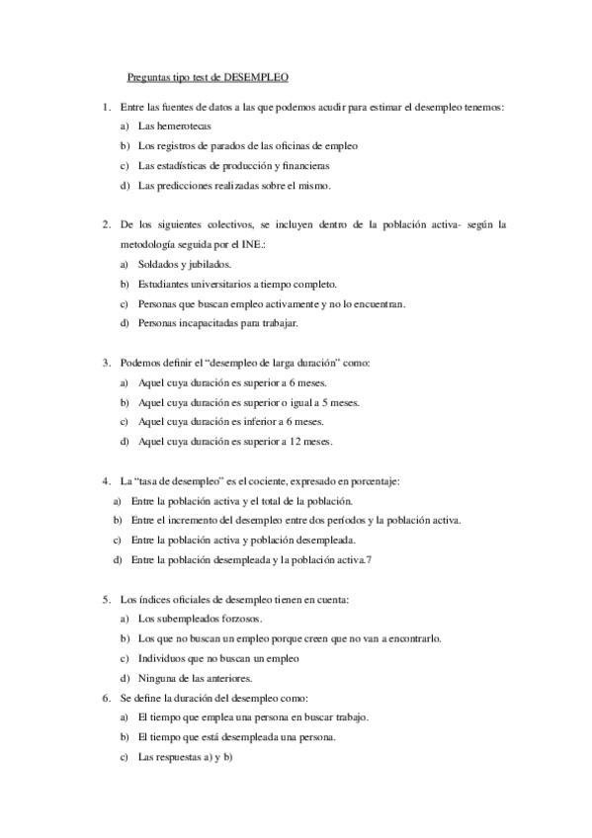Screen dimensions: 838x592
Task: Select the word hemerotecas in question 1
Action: [184, 126]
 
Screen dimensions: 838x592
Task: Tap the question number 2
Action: [106, 224]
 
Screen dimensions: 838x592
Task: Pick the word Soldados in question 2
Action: [159, 264]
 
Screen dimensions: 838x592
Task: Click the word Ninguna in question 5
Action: [157, 677]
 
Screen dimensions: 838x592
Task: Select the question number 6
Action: [106, 697]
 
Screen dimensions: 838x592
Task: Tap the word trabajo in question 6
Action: [350, 716]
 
